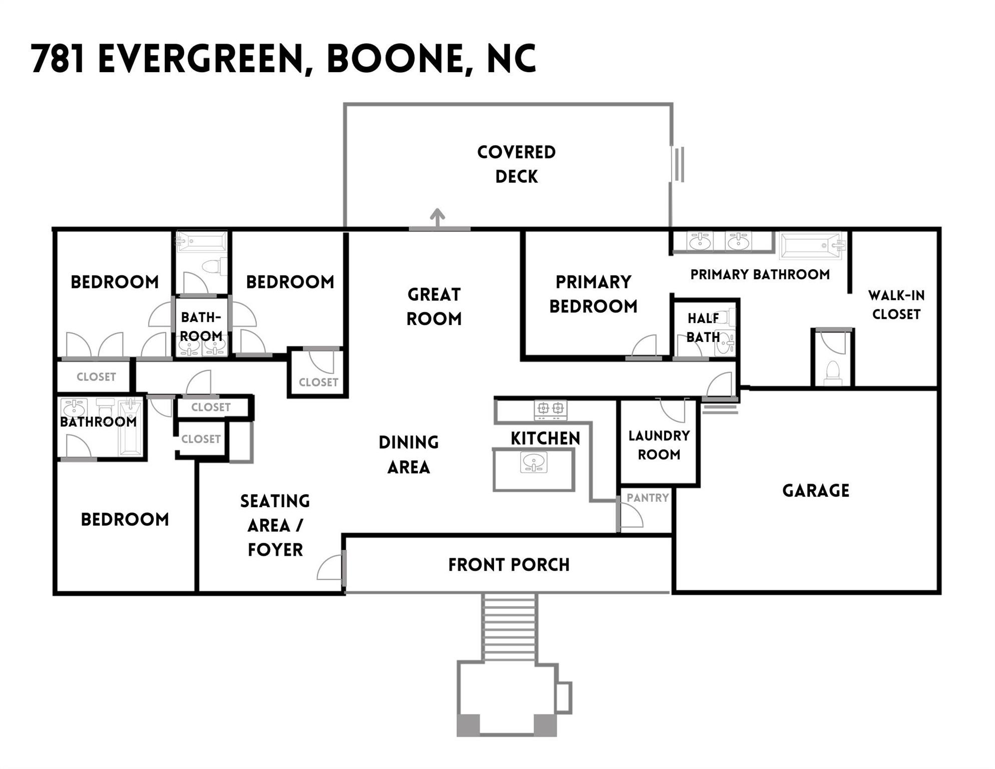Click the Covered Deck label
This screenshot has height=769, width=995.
click(x=516, y=164)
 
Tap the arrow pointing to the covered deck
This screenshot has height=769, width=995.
click(x=437, y=218)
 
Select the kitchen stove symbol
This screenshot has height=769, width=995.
click(x=550, y=410)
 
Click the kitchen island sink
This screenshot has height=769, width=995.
click(x=534, y=462)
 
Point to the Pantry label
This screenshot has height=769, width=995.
click(x=648, y=498)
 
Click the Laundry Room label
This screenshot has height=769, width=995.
click(x=659, y=445)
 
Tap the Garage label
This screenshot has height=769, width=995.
click(x=815, y=491)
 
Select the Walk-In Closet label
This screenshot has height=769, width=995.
click(x=896, y=305)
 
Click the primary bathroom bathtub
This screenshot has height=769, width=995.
click(x=811, y=245)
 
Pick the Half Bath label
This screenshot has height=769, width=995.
click(x=703, y=327)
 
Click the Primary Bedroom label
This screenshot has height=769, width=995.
click(x=593, y=294)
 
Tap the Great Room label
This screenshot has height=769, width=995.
click(x=434, y=306)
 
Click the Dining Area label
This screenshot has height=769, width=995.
click(x=408, y=455)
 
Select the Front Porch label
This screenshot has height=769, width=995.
click(x=509, y=565)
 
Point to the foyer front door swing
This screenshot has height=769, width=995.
click(x=331, y=568)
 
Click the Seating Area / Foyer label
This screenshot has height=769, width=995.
click(x=275, y=525)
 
